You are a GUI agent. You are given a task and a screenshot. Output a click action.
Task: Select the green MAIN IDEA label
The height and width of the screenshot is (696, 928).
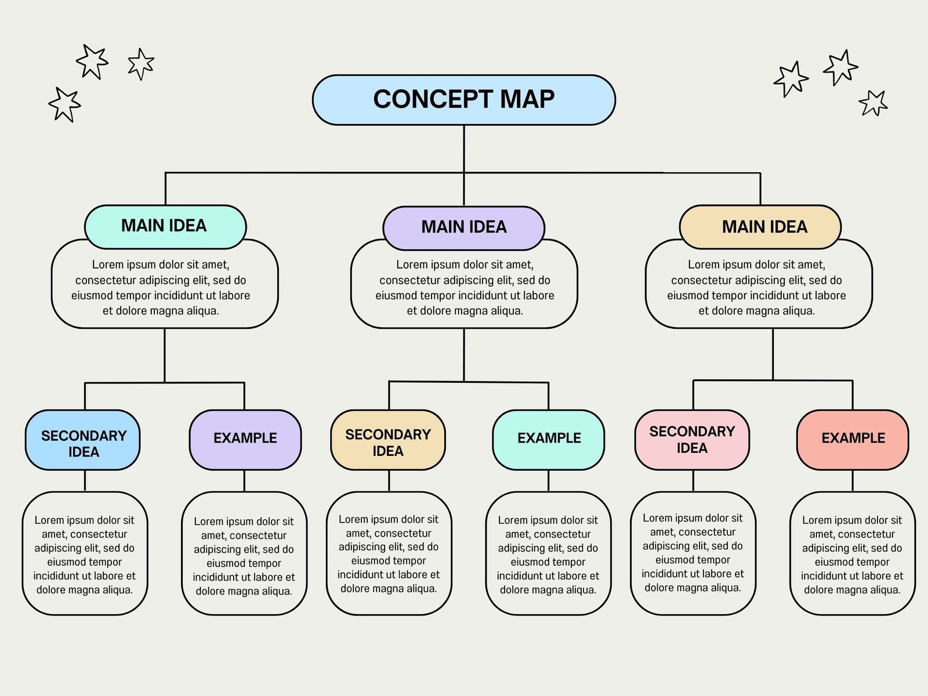pos(165,226)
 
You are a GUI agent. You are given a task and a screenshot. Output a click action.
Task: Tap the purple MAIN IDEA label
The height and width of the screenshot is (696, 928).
pos(463,227)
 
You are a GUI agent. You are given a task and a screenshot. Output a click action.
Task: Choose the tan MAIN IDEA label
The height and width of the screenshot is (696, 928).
pos(760,227)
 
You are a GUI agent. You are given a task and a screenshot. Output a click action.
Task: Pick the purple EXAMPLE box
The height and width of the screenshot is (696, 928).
pos(245,439)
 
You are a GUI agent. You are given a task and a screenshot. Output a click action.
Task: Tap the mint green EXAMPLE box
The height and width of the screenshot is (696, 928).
pos(548,439)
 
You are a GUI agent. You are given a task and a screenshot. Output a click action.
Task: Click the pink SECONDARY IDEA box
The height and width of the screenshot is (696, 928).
pos(691,439)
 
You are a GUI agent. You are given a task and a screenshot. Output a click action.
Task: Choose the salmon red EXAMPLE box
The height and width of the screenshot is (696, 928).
pos(852,439)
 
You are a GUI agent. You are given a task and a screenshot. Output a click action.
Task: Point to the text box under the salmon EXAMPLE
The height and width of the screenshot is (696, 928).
pos(852,554)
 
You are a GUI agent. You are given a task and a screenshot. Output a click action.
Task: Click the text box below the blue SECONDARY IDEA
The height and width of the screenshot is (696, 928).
pos(85,554)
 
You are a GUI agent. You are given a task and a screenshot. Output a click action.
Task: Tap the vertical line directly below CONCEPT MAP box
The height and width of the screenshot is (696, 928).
pos(464,148)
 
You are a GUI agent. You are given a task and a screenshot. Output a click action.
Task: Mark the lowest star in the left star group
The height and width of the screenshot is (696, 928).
pos(64,105)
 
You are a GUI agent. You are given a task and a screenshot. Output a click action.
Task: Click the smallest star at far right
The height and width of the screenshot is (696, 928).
pos(873,103)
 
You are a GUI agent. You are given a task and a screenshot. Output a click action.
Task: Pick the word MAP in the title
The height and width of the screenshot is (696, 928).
pos(527,99)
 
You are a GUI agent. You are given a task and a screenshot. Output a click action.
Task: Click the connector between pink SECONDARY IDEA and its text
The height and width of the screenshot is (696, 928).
pos(693,481)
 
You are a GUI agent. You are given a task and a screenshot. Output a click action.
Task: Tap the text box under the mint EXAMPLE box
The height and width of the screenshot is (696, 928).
pos(548,554)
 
